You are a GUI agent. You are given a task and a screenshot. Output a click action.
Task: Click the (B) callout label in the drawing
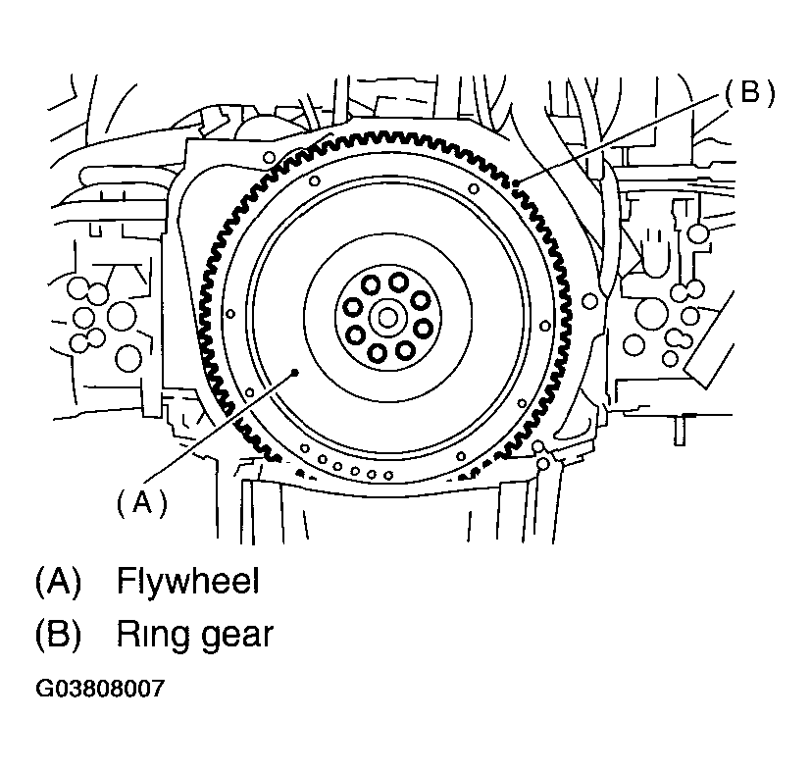[x=750, y=93]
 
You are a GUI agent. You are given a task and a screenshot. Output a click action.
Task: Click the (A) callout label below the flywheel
[x=142, y=501]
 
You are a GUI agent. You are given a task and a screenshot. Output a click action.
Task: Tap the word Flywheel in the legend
[x=188, y=581]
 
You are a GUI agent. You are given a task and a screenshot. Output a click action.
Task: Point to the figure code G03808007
[x=100, y=689]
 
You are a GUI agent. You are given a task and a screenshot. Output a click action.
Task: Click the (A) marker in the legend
[x=58, y=581]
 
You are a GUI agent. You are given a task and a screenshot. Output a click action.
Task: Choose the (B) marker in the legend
[x=58, y=634]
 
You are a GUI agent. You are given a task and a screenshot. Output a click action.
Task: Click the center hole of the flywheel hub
[x=387, y=318]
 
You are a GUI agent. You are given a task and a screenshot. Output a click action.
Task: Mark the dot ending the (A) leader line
[x=295, y=372]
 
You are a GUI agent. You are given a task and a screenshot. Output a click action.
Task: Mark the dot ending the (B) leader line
[x=517, y=182]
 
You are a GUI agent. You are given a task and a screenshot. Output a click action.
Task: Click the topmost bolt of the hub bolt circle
[x=399, y=282]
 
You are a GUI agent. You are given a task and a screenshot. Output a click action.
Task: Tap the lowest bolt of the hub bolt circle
[x=377, y=353]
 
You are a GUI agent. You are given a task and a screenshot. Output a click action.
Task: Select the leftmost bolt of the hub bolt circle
[x=353, y=307]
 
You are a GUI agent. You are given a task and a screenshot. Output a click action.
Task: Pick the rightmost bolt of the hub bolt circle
[x=423, y=328]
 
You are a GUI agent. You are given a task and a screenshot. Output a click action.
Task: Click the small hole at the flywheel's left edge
[x=230, y=314]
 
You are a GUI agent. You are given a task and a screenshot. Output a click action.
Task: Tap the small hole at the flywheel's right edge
[x=545, y=326]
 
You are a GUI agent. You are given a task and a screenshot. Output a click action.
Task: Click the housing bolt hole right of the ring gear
[x=589, y=300]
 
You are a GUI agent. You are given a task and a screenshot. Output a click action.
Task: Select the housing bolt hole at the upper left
[x=269, y=157]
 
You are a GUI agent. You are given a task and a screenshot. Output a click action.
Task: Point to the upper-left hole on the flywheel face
[x=314, y=180]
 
